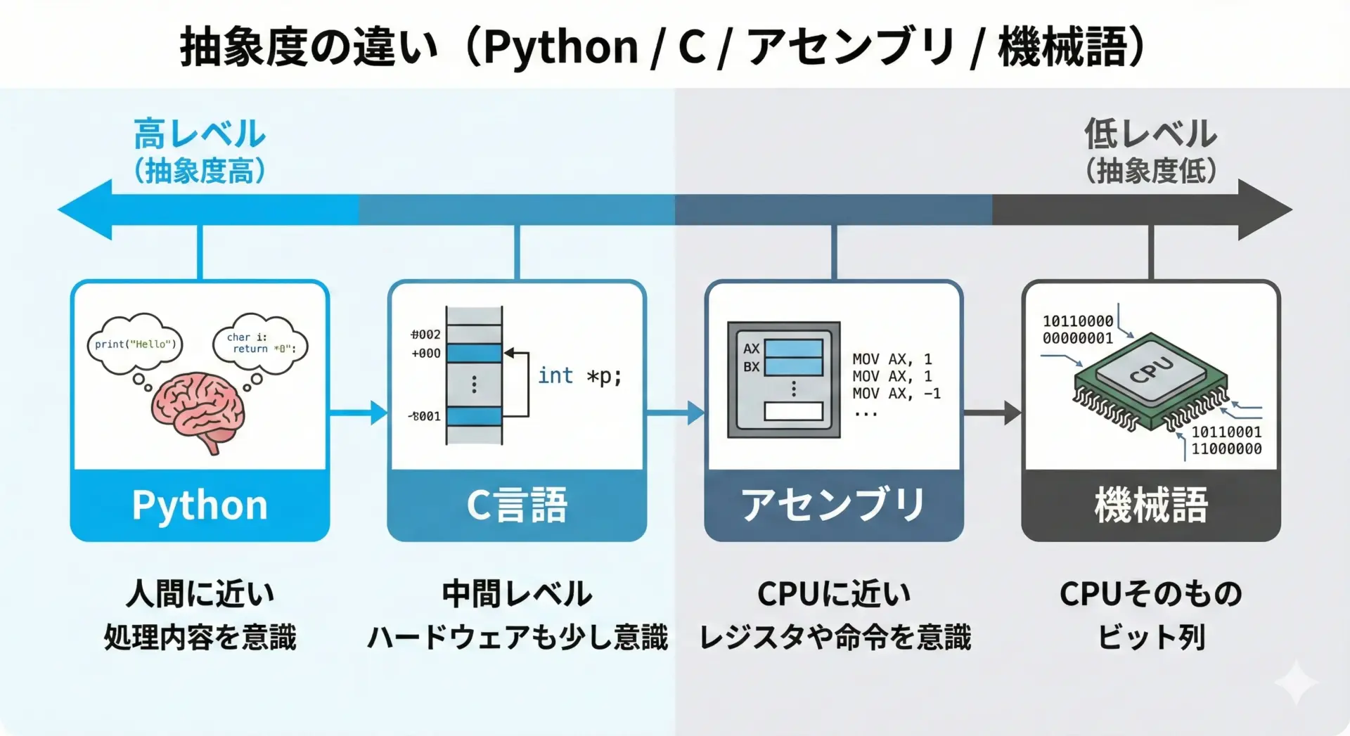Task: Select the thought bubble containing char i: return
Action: click(260, 343)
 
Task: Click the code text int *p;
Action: click(579, 376)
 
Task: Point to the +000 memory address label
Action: click(426, 354)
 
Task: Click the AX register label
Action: click(751, 349)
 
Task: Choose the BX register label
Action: click(751, 367)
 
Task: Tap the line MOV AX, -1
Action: click(896, 394)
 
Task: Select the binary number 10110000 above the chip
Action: click(1078, 321)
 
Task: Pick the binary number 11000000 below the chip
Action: click(1226, 448)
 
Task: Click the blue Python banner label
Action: click(200, 505)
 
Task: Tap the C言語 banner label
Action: click(517, 505)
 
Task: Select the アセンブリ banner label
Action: click(834, 505)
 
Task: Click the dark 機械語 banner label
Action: click(1151, 505)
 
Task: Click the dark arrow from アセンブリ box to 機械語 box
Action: click(992, 413)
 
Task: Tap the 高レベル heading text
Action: click(200, 134)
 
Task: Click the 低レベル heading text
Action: click(1150, 134)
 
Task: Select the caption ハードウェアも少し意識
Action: click(517, 637)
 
